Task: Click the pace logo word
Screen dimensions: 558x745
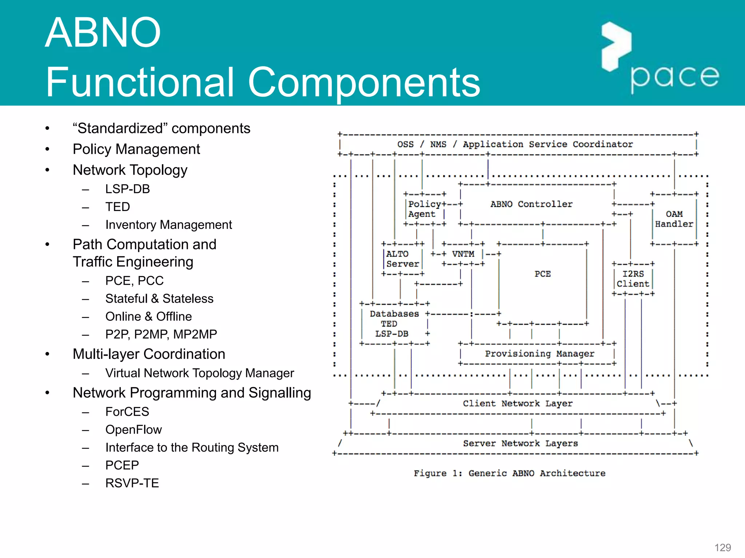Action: click(674, 77)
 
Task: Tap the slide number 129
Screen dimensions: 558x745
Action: click(722, 547)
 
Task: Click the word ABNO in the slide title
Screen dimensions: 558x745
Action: click(103, 33)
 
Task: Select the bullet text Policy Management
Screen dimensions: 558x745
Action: click(136, 149)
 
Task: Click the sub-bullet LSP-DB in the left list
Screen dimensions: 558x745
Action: click(127, 189)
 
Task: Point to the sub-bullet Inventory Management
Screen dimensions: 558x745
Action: click(168, 225)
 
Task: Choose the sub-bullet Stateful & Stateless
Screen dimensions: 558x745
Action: click(159, 299)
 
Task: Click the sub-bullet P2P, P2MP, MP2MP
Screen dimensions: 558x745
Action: click(161, 334)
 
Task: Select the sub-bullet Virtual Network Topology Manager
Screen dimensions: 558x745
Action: click(199, 373)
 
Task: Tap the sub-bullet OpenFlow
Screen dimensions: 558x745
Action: click(133, 430)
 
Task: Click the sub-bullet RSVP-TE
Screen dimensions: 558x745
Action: click(132, 483)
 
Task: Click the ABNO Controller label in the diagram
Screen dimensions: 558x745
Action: click(531, 204)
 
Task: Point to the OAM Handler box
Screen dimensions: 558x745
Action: click(674, 219)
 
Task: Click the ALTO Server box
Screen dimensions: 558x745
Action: click(402, 259)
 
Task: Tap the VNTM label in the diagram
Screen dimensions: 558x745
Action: click(463, 254)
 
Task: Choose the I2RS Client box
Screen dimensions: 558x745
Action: click(633, 279)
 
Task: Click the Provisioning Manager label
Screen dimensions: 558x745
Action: click(539, 353)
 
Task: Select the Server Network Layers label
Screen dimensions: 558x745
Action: click(520, 443)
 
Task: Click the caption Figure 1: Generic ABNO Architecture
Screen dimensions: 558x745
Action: click(509, 473)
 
